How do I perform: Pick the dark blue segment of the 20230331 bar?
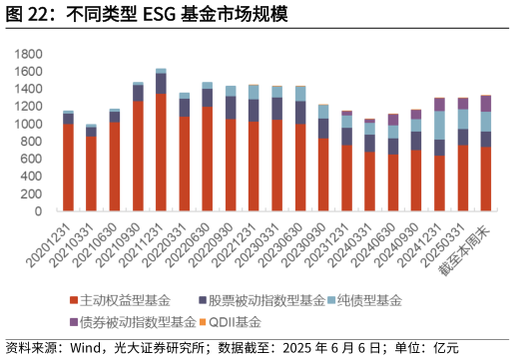(x=277, y=108)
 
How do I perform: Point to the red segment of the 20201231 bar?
(x=68, y=168)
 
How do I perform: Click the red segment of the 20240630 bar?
(x=392, y=182)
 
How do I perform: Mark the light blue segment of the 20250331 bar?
(x=462, y=119)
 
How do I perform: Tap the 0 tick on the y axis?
(x=38, y=211)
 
